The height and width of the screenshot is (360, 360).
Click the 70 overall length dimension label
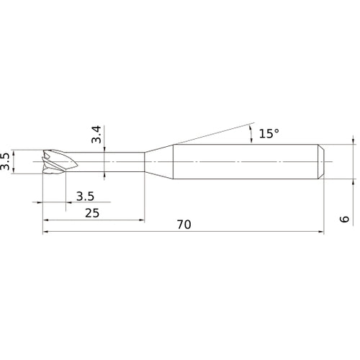pos(184,225)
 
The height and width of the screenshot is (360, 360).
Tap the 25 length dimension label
pos(92,213)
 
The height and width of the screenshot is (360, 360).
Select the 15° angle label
pos(269,133)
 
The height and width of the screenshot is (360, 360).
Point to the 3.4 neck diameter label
pos(96,135)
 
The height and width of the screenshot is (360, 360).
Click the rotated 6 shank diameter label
pos(345,219)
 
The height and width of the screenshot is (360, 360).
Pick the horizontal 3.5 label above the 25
pos(85,197)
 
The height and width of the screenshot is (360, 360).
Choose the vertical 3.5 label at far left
pos(5,161)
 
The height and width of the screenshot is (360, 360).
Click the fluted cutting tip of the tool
pos(60,162)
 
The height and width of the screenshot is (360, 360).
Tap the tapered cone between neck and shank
pos(158,162)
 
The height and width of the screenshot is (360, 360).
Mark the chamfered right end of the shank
pos(321,162)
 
